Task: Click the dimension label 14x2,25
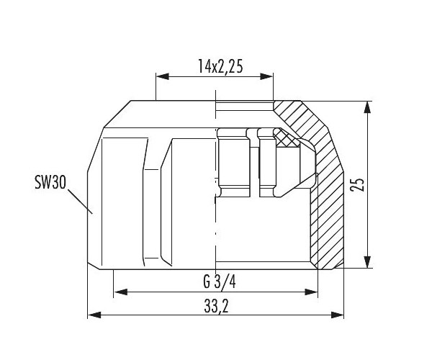(x=220, y=66)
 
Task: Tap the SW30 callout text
(x=50, y=182)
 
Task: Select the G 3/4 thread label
(x=220, y=282)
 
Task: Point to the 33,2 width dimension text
(x=216, y=306)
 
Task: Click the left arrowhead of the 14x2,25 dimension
(x=163, y=76)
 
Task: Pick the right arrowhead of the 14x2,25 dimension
(x=266, y=76)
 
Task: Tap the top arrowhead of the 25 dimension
(x=366, y=107)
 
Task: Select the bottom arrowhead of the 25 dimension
(x=366, y=261)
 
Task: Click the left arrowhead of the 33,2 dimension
(x=94, y=315)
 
